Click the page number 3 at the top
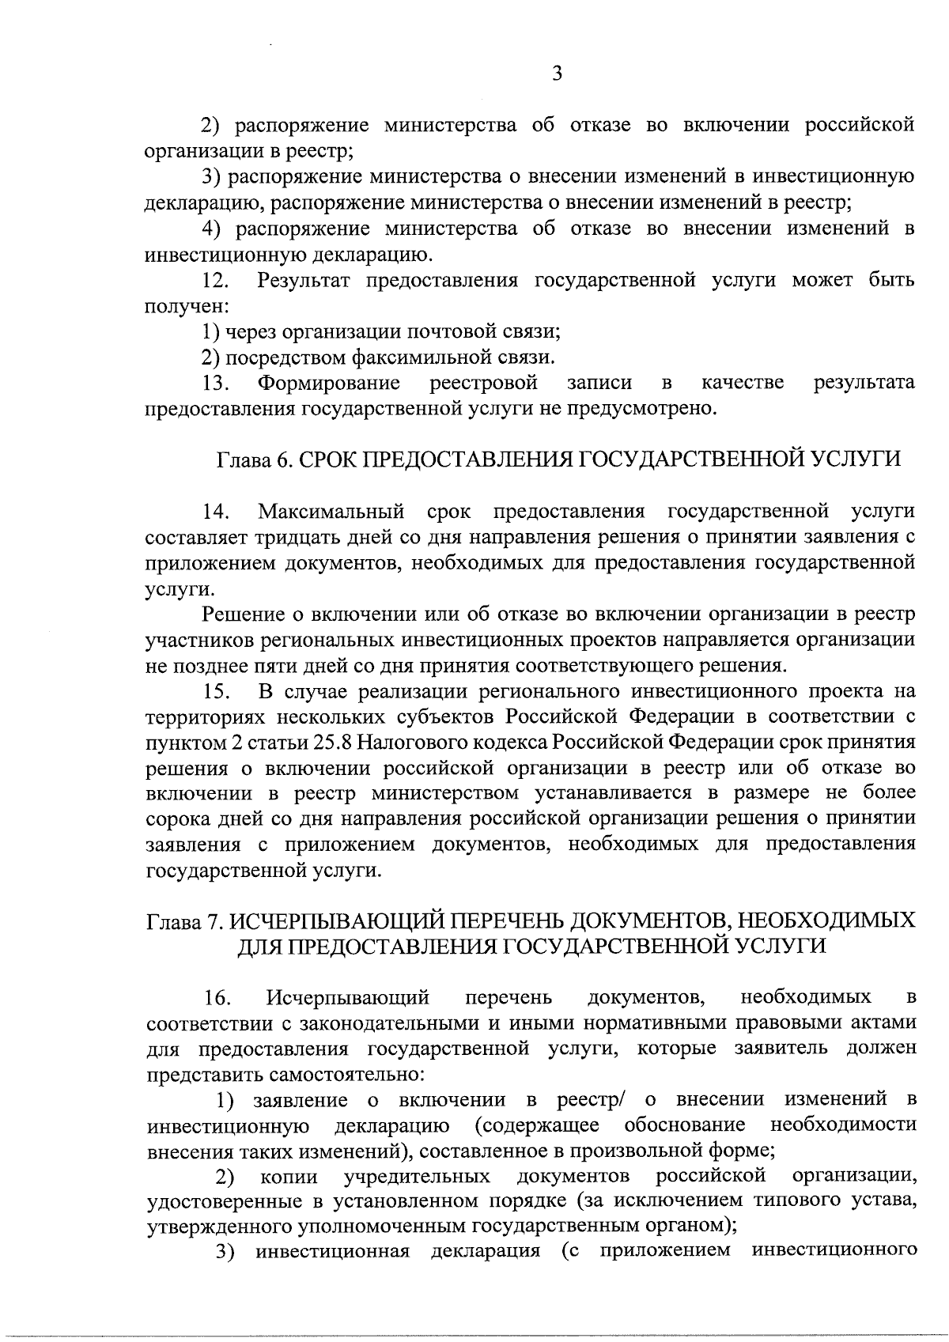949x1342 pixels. point(557,74)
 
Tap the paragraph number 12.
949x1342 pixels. point(217,281)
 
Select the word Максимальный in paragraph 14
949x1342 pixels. point(331,512)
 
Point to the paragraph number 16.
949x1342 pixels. point(217,998)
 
